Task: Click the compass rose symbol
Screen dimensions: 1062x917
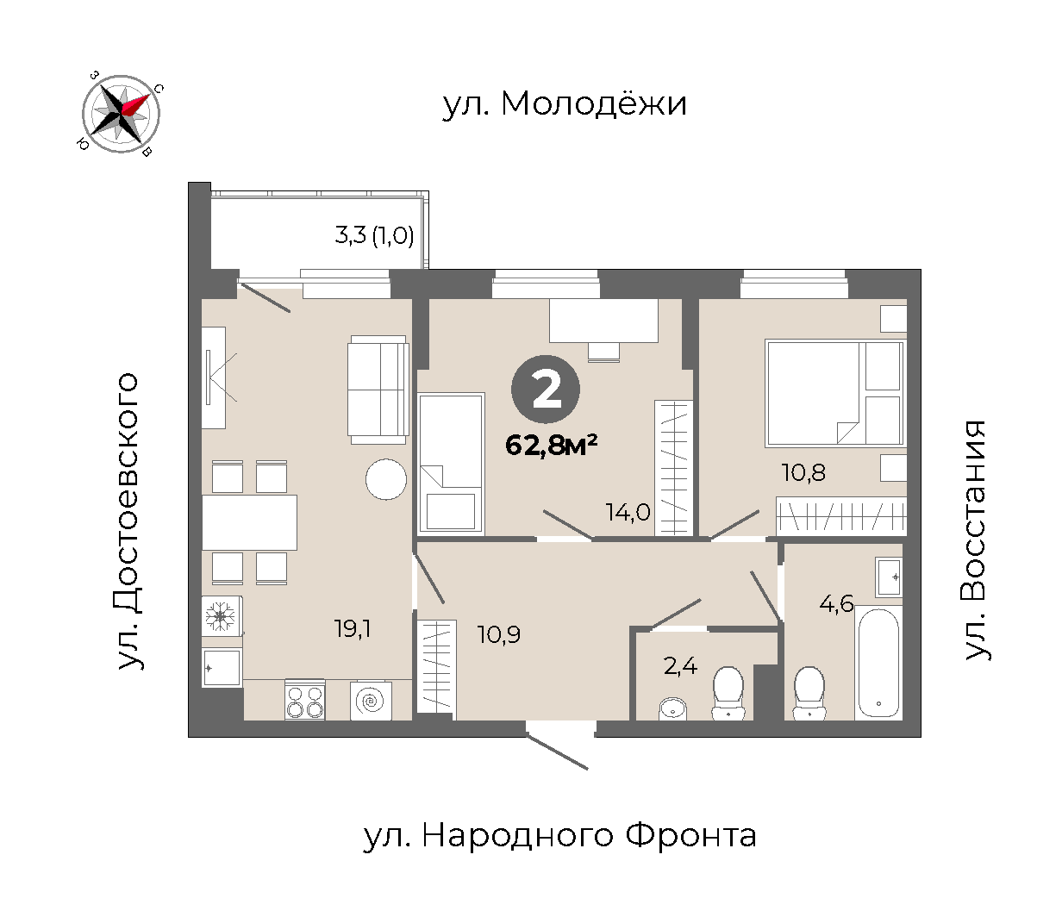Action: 121,114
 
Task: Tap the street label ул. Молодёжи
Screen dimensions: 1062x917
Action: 565,104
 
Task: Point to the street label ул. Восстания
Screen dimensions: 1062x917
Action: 974,540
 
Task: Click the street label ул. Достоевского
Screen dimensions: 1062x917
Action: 128,521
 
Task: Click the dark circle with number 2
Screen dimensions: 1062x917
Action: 546,390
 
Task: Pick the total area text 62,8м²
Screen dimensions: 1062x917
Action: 552,445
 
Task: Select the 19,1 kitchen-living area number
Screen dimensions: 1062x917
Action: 353,629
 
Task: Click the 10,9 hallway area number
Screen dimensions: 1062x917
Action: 499,634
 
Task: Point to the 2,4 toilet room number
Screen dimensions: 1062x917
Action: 680,666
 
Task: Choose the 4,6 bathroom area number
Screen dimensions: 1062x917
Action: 836,603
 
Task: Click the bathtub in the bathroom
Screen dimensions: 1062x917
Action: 878,663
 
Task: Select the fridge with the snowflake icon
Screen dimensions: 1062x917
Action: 222,616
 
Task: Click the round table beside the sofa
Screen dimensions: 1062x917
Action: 386,480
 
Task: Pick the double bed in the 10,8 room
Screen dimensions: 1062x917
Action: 835,393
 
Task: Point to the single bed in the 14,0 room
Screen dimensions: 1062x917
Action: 452,463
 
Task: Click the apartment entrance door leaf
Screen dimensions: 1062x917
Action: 558,752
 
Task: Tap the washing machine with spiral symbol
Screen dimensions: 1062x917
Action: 371,701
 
